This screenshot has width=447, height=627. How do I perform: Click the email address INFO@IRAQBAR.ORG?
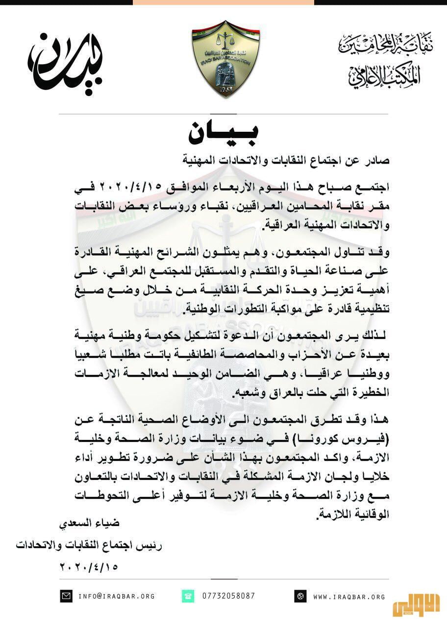coord(116,596)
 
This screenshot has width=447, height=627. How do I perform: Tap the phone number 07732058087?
coord(229,596)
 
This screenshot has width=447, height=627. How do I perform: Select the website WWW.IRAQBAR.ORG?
coord(349,597)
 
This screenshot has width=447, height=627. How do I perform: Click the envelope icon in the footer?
coord(66,596)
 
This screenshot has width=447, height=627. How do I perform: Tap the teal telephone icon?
coord(188,596)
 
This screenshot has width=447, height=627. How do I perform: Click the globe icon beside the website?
coord(300,597)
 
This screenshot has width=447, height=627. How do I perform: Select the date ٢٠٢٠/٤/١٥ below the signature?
coord(89,567)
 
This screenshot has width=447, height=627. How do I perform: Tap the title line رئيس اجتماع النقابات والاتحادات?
coord(89,545)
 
